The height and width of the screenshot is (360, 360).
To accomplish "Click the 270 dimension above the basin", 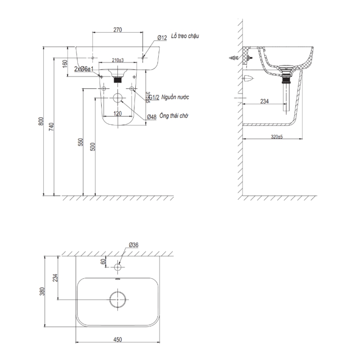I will (117, 30).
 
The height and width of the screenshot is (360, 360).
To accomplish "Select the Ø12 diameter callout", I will (162, 38).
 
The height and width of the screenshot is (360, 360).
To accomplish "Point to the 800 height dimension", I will (41, 122).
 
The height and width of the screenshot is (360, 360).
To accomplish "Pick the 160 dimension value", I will (65, 63).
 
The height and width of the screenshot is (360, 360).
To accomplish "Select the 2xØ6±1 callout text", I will (84, 68).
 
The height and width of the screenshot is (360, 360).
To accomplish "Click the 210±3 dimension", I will (117, 60).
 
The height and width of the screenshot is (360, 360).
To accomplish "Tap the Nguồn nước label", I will (175, 97).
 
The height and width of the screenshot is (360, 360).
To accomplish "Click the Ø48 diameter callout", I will (151, 117).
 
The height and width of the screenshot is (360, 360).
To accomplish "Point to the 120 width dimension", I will (117, 113).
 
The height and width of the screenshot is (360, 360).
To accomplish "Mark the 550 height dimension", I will (81, 142).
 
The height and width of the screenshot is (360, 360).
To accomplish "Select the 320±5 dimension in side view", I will (276, 137).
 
